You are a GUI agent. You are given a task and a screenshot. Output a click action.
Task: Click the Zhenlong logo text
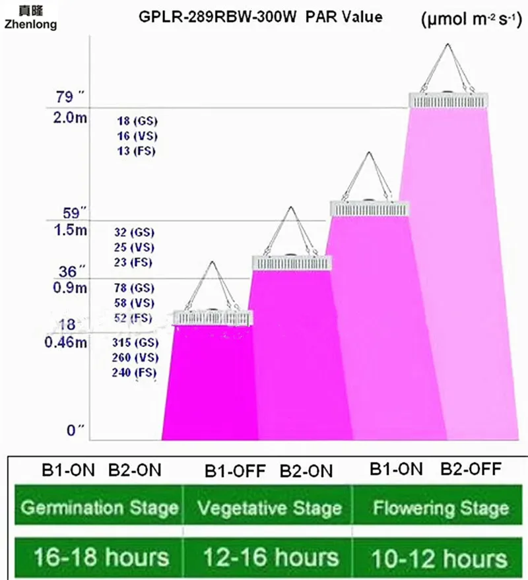pyautogui.click(x=31, y=24)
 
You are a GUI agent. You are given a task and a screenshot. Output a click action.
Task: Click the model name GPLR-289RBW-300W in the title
pyautogui.click(x=218, y=17)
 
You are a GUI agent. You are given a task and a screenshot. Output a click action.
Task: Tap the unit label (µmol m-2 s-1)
pyautogui.click(x=471, y=19)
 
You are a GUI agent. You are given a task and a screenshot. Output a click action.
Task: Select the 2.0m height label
pyautogui.click(x=71, y=118)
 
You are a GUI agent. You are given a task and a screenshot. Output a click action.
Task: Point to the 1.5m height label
pyautogui.click(x=71, y=230)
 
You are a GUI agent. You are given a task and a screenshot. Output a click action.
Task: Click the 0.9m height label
pyautogui.click(x=71, y=288)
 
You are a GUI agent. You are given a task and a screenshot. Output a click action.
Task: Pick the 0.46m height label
pyautogui.click(x=66, y=342)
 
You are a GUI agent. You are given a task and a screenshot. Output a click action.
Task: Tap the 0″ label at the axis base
pyautogui.click(x=75, y=430)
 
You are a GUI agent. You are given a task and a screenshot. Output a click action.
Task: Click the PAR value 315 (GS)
pyautogui.click(x=135, y=342)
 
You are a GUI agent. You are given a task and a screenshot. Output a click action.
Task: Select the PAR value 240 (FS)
pyautogui.click(x=135, y=372)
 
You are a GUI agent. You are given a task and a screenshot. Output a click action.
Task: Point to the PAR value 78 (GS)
pyautogui.click(x=134, y=288)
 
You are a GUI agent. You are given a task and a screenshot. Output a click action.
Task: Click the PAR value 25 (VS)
pyautogui.click(x=134, y=247)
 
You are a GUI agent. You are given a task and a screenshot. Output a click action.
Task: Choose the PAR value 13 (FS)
pyautogui.click(x=136, y=151)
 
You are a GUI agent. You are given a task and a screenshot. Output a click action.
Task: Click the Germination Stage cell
pyautogui.click(x=99, y=507)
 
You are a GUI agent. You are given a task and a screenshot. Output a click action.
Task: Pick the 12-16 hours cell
pyautogui.click(x=271, y=557)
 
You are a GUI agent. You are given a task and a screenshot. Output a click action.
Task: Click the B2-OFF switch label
pyautogui.click(x=471, y=469)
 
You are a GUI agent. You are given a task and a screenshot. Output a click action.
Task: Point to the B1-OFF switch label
pyautogui.click(x=235, y=471)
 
